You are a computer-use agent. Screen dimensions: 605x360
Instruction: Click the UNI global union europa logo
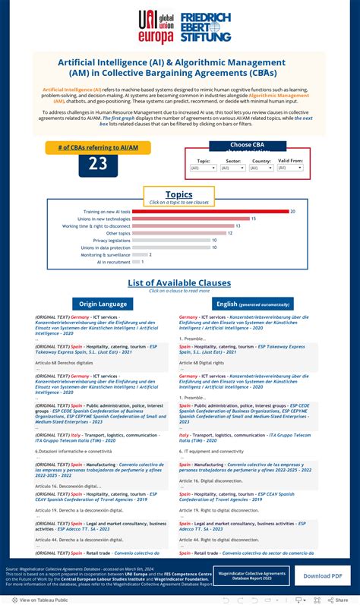(x=156, y=27)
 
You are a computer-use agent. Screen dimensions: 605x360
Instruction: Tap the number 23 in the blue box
(x=98, y=163)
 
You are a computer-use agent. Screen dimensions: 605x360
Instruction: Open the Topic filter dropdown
(x=204, y=168)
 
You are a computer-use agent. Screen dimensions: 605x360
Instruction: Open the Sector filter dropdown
(x=233, y=168)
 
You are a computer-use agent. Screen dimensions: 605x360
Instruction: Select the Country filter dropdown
(x=261, y=168)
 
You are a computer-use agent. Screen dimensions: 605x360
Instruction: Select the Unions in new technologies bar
(x=191, y=219)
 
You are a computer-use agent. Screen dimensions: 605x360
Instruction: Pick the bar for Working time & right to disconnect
(x=182, y=226)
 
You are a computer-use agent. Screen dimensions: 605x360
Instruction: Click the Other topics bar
(x=178, y=233)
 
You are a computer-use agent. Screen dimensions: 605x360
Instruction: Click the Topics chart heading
(x=179, y=194)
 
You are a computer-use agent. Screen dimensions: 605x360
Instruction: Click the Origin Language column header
(x=103, y=304)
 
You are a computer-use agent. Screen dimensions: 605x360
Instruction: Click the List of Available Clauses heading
(x=179, y=283)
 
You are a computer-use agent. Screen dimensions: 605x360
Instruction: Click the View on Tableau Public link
(x=44, y=599)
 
